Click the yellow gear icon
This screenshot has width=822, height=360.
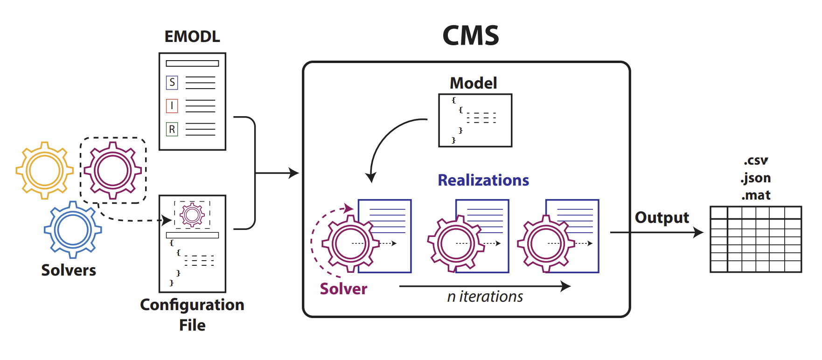pos(44,170)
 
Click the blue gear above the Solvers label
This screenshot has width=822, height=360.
pos(73,230)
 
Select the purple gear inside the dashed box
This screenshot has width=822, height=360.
pos(112,170)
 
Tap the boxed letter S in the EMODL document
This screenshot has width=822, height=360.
pos(172,83)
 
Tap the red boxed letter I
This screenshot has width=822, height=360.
pos(172,106)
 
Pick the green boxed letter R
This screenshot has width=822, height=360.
pos(172,129)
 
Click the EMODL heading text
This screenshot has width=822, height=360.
pos(192,36)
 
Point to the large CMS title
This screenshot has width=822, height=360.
pos(470,35)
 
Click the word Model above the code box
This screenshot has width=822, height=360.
pos(473,83)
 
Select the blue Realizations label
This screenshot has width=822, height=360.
pos(483,180)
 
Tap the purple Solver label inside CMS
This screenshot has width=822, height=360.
pos(343,289)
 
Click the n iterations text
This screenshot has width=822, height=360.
pos(485,297)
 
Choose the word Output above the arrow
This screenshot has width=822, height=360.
pos(662,217)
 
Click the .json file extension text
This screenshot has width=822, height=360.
pos(755,178)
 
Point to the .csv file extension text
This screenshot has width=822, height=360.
pos(755,160)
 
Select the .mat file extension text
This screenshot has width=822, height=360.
pos(755,195)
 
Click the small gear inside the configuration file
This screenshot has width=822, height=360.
pos(192,215)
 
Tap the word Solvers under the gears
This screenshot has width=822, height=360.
pos(69,270)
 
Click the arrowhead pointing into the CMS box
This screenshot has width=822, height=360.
pos(294,173)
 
